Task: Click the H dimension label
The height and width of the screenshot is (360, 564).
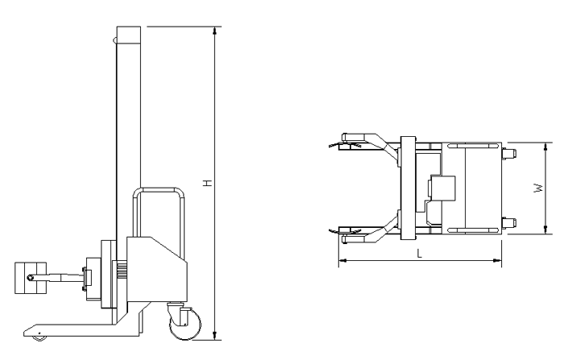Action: click(x=208, y=183)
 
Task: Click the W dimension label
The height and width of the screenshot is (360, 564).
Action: click(x=538, y=188)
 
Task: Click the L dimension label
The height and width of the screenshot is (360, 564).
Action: click(x=420, y=254)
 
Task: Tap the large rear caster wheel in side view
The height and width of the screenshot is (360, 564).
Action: click(x=185, y=323)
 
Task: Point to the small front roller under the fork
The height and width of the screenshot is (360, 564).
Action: click(x=39, y=338)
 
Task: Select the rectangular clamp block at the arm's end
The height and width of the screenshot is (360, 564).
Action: click(x=31, y=278)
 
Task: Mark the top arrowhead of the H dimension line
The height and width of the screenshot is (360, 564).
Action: click(x=215, y=31)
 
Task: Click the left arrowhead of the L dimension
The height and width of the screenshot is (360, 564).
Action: click(x=342, y=260)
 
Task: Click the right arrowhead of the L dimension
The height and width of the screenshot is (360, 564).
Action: click(x=497, y=260)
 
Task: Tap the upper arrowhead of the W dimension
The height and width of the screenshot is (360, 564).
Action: click(x=545, y=147)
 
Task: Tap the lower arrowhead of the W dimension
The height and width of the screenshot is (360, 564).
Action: click(x=545, y=230)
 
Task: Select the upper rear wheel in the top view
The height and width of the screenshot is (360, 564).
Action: click(x=509, y=154)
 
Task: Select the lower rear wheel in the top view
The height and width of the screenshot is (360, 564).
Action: click(x=509, y=223)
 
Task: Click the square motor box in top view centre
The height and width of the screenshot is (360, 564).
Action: click(x=442, y=188)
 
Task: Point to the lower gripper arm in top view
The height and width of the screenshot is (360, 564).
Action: click(x=371, y=231)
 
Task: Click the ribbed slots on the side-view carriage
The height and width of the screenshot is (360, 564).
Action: click(x=121, y=270)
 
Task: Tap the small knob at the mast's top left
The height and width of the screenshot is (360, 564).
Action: click(x=114, y=40)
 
